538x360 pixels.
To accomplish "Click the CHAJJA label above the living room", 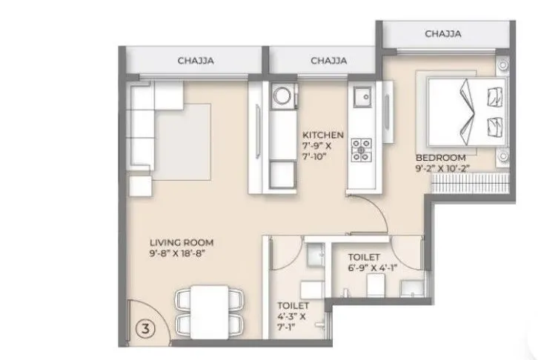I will tap(196, 61).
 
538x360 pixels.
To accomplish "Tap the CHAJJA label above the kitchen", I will tap(329, 61).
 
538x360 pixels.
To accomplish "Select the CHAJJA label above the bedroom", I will tap(444, 33).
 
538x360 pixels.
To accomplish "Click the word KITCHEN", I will tap(322, 135).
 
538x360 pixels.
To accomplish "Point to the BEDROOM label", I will tap(440, 158).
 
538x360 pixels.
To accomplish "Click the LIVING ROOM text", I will tap(182, 242).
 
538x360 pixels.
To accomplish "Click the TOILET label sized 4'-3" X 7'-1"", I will tap(293, 304).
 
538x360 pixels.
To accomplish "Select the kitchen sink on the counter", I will tap(362, 96).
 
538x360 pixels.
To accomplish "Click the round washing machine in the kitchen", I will tap(282, 96).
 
